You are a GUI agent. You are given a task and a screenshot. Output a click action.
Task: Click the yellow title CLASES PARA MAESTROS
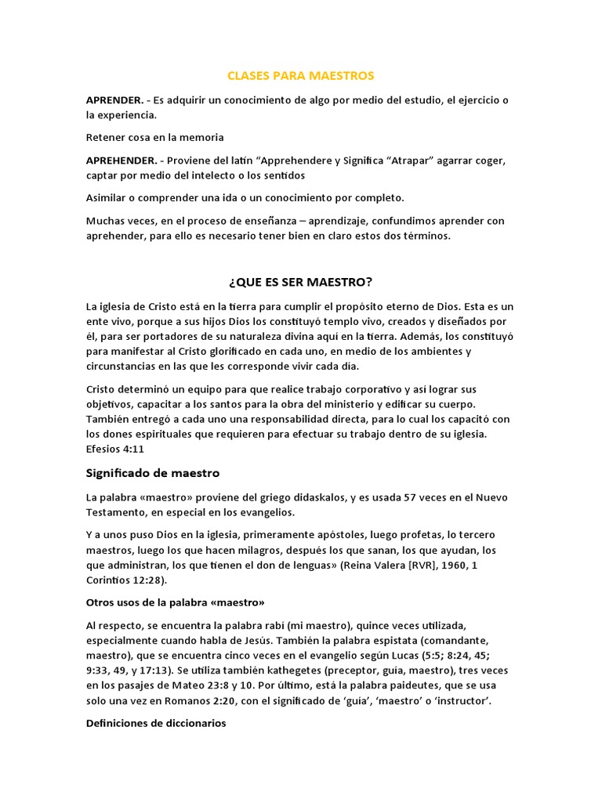point(300,76)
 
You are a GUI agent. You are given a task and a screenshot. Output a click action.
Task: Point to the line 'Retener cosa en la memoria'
point(155,137)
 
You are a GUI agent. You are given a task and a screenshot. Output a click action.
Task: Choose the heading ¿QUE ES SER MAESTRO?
point(300,281)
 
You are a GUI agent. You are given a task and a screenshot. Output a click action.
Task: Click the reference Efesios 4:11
point(115,449)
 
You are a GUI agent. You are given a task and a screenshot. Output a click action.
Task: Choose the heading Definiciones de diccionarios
point(156,724)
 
